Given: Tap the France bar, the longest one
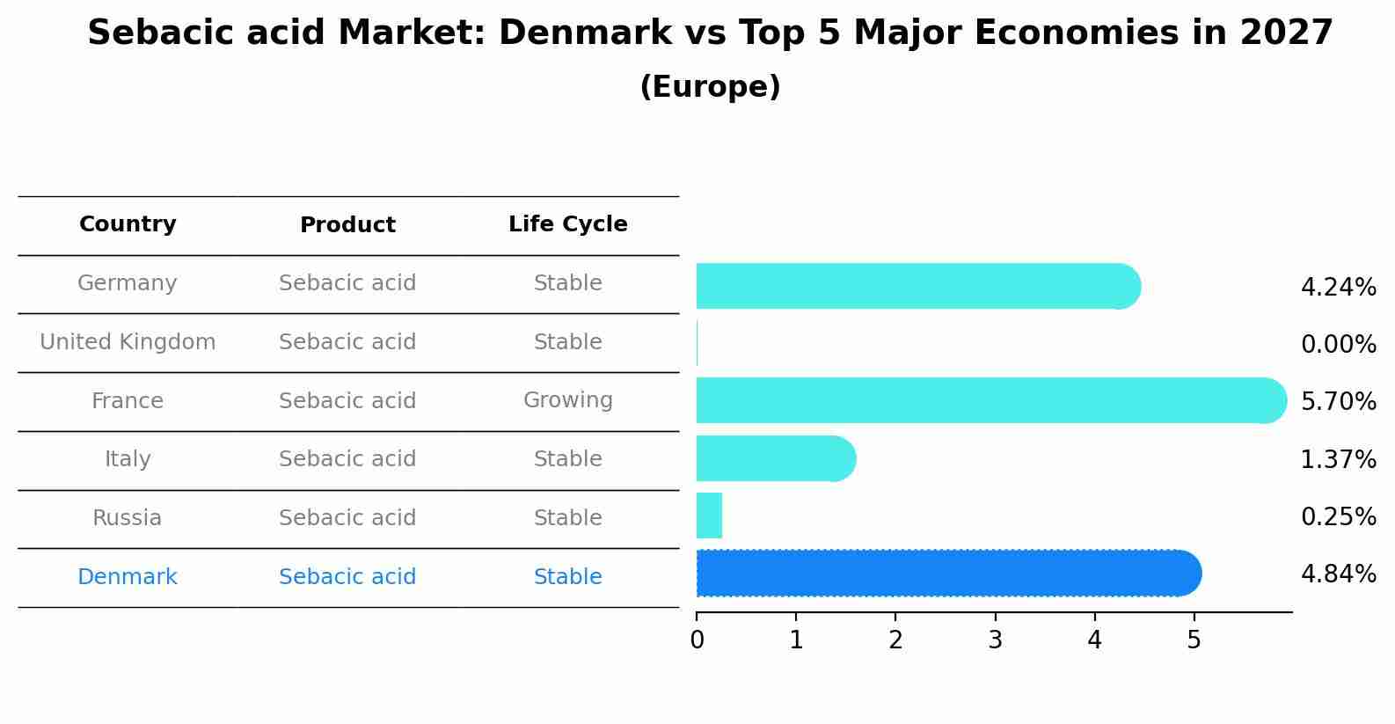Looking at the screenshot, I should click(x=985, y=400).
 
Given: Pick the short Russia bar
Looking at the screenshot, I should click(x=709, y=516).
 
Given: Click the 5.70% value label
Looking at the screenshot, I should click(x=1338, y=402).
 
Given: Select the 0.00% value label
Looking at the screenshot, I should click(x=1338, y=345).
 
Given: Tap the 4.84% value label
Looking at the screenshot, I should click(x=1338, y=574).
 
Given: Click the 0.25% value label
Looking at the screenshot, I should click(x=1338, y=517).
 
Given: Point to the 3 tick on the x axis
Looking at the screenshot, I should click(x=995, y=640).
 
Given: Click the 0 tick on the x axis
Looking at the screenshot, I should click(x=697, y=640).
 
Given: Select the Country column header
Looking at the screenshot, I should click(x=128, y=224).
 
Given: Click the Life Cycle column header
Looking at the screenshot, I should click(x=567, y=224).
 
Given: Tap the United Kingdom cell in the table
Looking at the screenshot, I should click(x=128, y=342).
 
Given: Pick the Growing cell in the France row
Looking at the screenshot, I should click(x=567, y=400).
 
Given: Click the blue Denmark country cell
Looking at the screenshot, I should click(x=128, y=577).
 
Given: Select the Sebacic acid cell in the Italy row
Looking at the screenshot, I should click(x=347, y=459).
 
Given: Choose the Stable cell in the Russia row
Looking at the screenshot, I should click(x=567, y=518).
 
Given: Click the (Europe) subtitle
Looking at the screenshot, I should click(x=710, y=87).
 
